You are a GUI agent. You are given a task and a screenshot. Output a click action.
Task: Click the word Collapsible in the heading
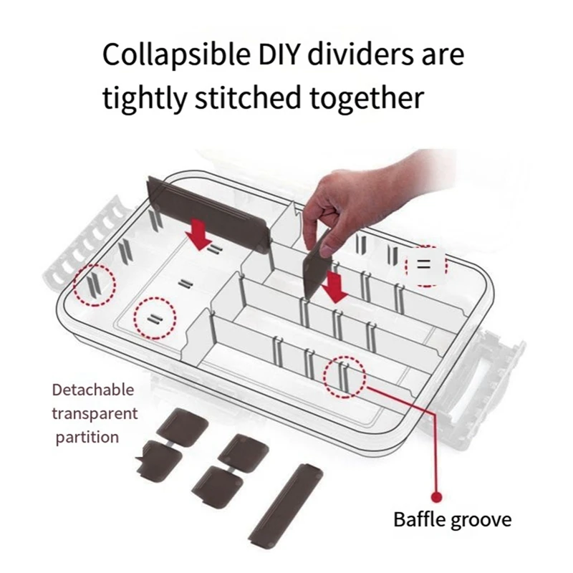176,55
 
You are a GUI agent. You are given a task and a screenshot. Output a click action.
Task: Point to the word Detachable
93,390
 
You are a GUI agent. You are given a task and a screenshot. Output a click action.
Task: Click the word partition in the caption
87,438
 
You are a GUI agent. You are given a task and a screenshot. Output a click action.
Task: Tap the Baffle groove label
453,520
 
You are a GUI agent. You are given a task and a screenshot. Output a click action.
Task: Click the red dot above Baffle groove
436,497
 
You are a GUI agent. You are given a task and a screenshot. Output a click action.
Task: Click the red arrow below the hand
334,287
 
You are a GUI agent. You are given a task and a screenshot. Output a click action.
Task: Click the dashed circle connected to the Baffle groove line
345,377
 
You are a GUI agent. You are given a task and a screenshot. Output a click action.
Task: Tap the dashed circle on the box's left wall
95,285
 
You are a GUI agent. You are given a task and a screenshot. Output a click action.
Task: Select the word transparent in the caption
95,414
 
